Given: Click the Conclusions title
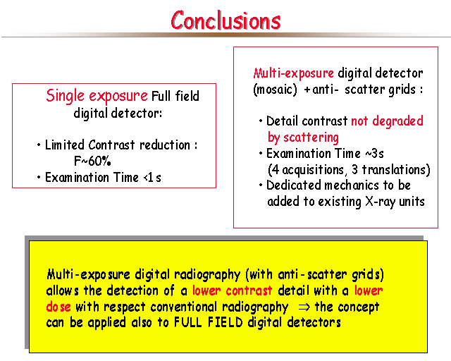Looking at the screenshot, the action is [x=225, y=20].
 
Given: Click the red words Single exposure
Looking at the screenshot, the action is [x=97, y=96].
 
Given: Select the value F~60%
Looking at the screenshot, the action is [x=92, y=161].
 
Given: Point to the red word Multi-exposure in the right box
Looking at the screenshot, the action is [x=294, y=73].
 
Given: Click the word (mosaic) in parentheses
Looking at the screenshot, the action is [x=275, y=90].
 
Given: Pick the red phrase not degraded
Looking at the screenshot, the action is [x=387, y=121].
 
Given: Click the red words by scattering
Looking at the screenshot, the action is [x=303, y=137].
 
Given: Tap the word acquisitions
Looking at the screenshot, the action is [x=313, y=170].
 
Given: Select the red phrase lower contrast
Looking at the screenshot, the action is [x=232, y=290].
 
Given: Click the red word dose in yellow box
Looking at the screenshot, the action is [x=58, y=307].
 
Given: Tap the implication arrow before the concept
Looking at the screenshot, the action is [x=304, y=307].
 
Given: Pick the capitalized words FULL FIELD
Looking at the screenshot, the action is [x=209, y=322].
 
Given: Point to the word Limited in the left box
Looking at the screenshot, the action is [x=65, y=145].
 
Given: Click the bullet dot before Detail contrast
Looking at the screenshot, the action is [x=261, y=121].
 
